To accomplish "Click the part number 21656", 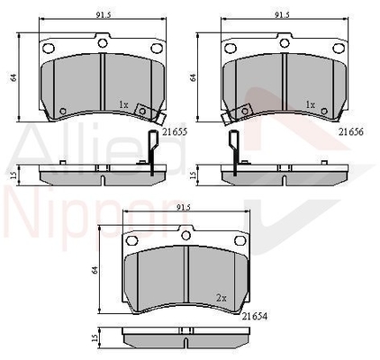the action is (351, 131).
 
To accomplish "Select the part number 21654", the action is (255, 316).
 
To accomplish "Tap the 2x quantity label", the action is (222, 298).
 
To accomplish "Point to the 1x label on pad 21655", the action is (123, 104).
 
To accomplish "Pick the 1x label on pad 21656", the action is (311, 104).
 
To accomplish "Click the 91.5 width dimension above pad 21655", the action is (104, 15).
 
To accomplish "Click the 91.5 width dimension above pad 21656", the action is (282, 15).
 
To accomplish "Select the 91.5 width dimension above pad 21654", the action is (184, 207).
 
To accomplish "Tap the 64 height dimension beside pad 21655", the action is (13, 77).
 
